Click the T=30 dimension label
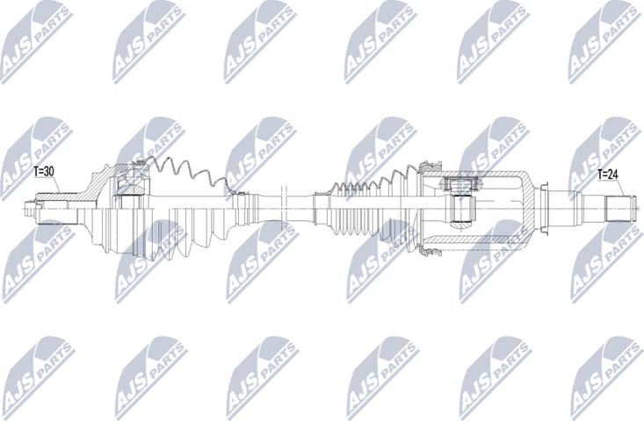(x=44, y=172)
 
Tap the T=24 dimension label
(x=609, y=174)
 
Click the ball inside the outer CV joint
(x=131, y=182)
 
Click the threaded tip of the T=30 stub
(x=33, y=210)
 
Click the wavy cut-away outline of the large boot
(x=189, y=171)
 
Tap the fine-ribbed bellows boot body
(x=369, y=210)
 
